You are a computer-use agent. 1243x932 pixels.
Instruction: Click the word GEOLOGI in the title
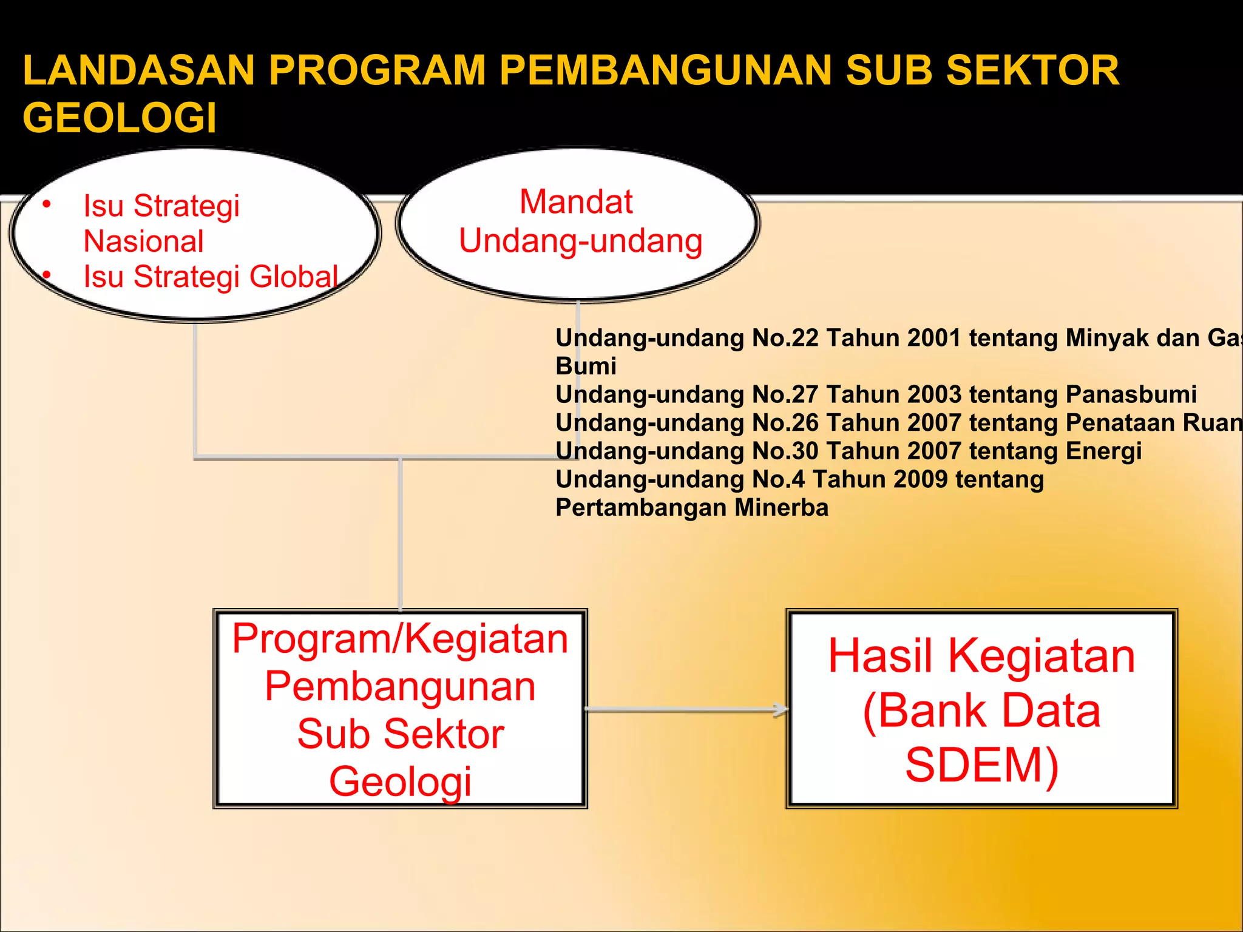pyautogui.click(x=120, y=118)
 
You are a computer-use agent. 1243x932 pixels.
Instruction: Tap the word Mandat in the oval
pyautogui.click(x=576, y=201)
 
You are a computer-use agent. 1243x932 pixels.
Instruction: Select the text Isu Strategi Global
pyautogui.click(x=210, y=277)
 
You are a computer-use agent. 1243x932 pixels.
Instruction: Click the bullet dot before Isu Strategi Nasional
pyautogui.click(x=47, y=204)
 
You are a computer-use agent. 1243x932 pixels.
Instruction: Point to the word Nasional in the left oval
pyautogui.click(x=143, y=241)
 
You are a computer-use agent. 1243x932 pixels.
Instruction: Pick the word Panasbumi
pyautogui.click(x=1131, y=394)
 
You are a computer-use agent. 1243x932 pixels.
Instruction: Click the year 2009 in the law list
pyautogui.click(x=920, y=479)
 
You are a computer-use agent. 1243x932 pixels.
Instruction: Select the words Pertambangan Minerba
pyautogui.click(x=691, y=508)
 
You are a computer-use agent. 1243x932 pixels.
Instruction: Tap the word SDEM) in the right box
pyautogui.click(x=981, y=765)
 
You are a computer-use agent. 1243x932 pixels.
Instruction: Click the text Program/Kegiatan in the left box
pyautogui.click(x=400, y=639)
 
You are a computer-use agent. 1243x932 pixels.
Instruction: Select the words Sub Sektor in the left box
pyautogui.click(x=400, y=734)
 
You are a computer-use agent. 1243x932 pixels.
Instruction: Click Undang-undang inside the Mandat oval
pyautogui.click(x=580, y=241)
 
